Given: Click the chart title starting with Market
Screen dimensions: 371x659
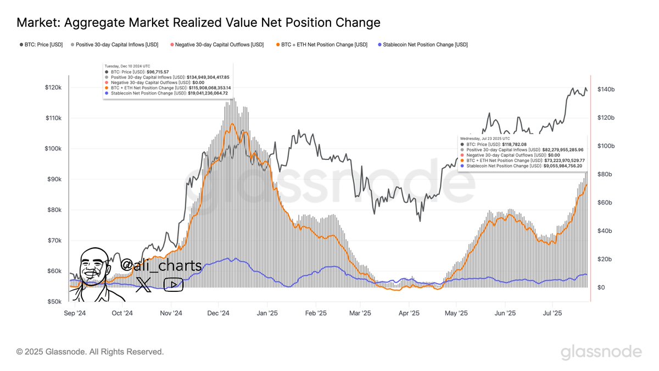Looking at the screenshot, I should (198, 23).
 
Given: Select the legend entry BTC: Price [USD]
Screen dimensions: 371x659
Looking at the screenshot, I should (41, 45).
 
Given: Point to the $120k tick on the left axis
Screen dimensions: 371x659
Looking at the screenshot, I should (54, 88).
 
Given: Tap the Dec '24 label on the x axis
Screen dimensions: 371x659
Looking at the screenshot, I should (219, 313).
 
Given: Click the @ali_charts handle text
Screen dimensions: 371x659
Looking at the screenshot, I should (161, 265).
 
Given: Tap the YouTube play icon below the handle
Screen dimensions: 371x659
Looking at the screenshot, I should (174, 284).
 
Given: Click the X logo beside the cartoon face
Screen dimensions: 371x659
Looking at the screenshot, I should (143, 284).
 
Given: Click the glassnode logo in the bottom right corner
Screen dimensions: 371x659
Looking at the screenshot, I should (601, 352).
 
